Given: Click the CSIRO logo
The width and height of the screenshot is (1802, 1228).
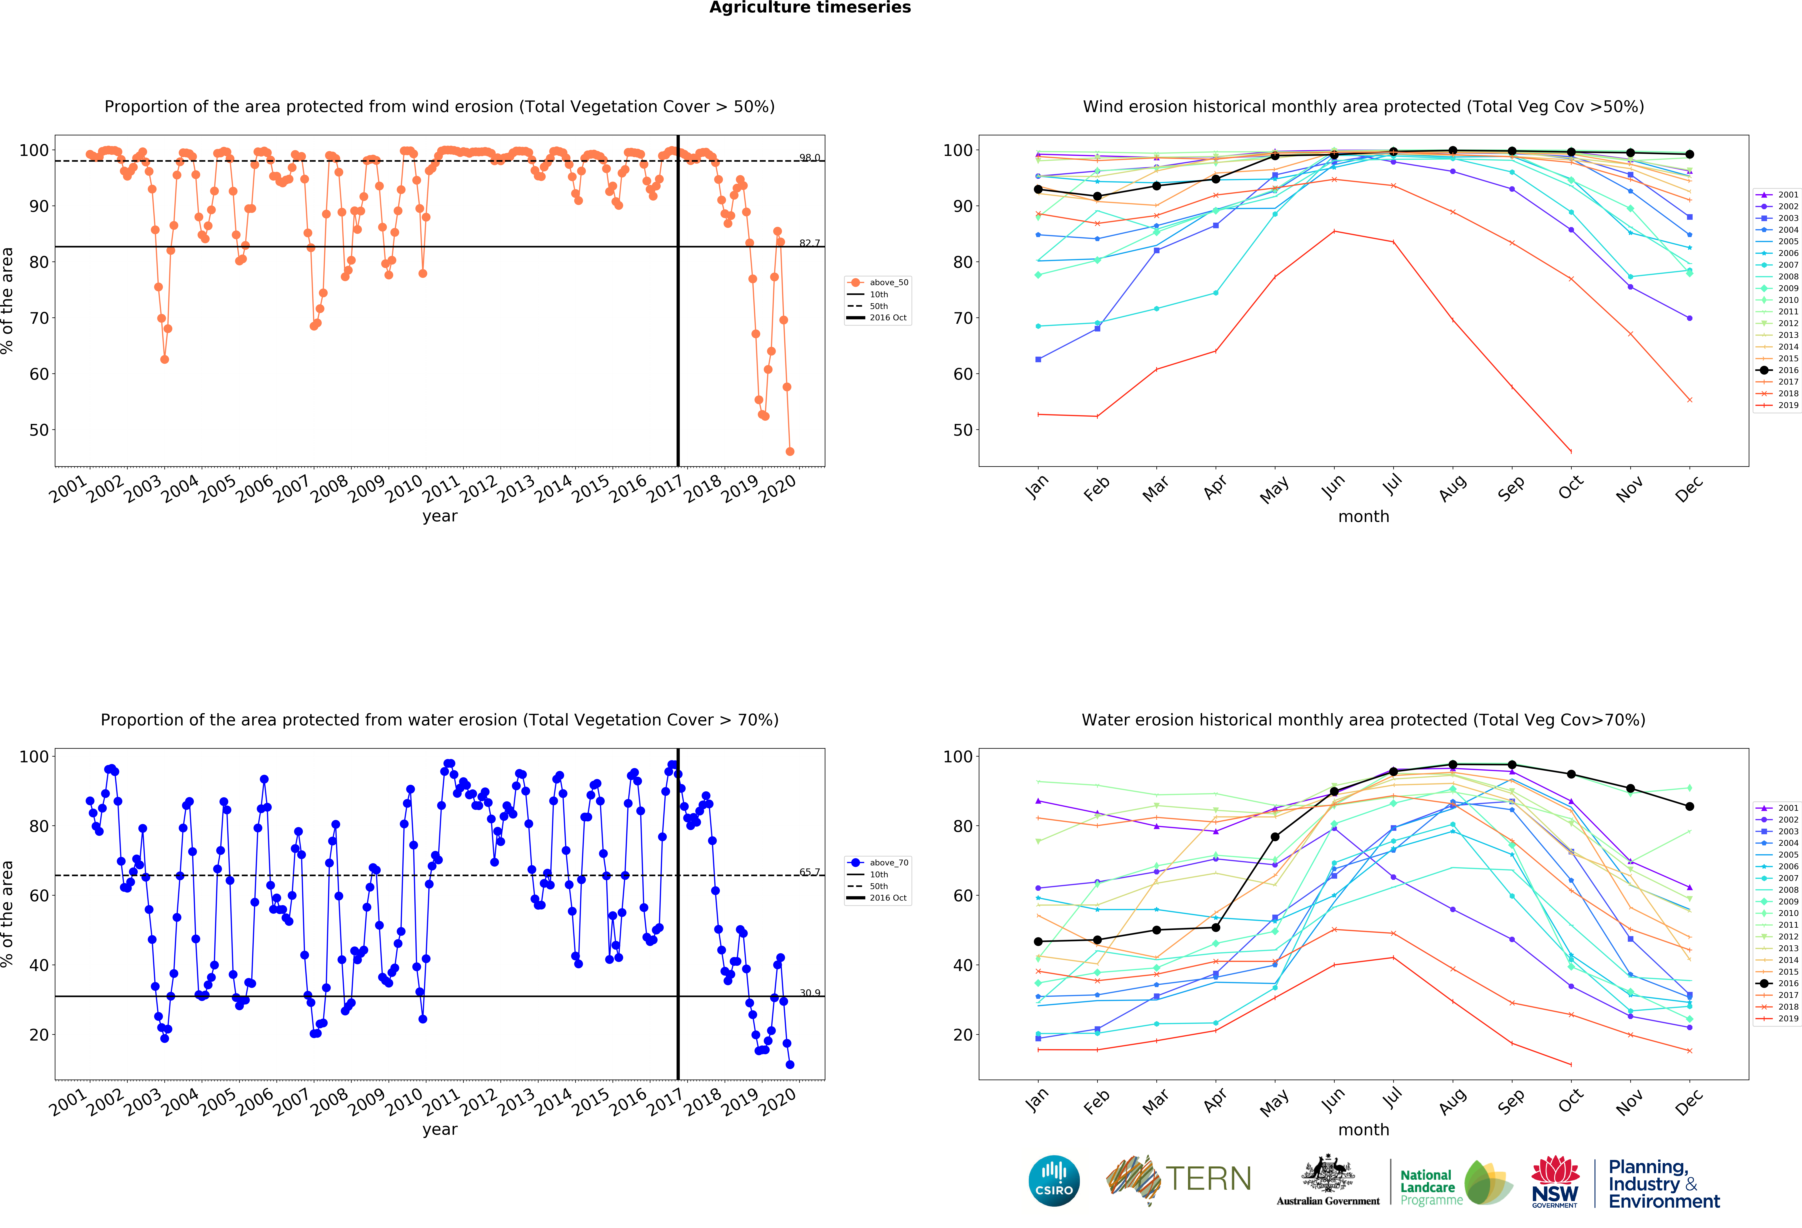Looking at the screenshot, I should pos(1054,1181).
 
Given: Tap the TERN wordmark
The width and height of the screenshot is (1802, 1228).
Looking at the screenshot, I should pos(1208,1179).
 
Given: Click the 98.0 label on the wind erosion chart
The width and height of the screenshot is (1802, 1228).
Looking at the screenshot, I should pos(810,157).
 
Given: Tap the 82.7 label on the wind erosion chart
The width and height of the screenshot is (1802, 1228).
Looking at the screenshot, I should pos(810,243).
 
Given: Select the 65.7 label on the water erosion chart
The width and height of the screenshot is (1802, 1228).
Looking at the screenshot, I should pos(810,872).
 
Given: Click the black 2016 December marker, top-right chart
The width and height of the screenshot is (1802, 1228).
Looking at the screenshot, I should pos(1690,154).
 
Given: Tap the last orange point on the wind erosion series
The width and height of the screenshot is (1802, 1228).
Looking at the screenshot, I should pos(789,451).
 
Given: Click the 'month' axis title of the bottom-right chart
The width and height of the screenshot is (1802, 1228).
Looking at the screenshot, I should pos(1363,1130).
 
